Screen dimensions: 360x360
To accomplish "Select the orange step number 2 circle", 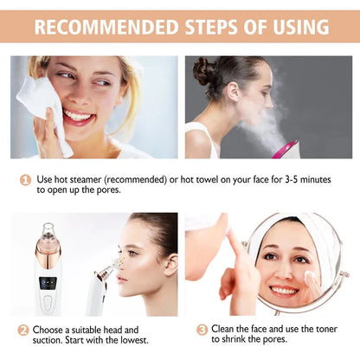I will [x=22, y=330].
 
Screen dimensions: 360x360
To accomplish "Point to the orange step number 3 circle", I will [x=202, y=330].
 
